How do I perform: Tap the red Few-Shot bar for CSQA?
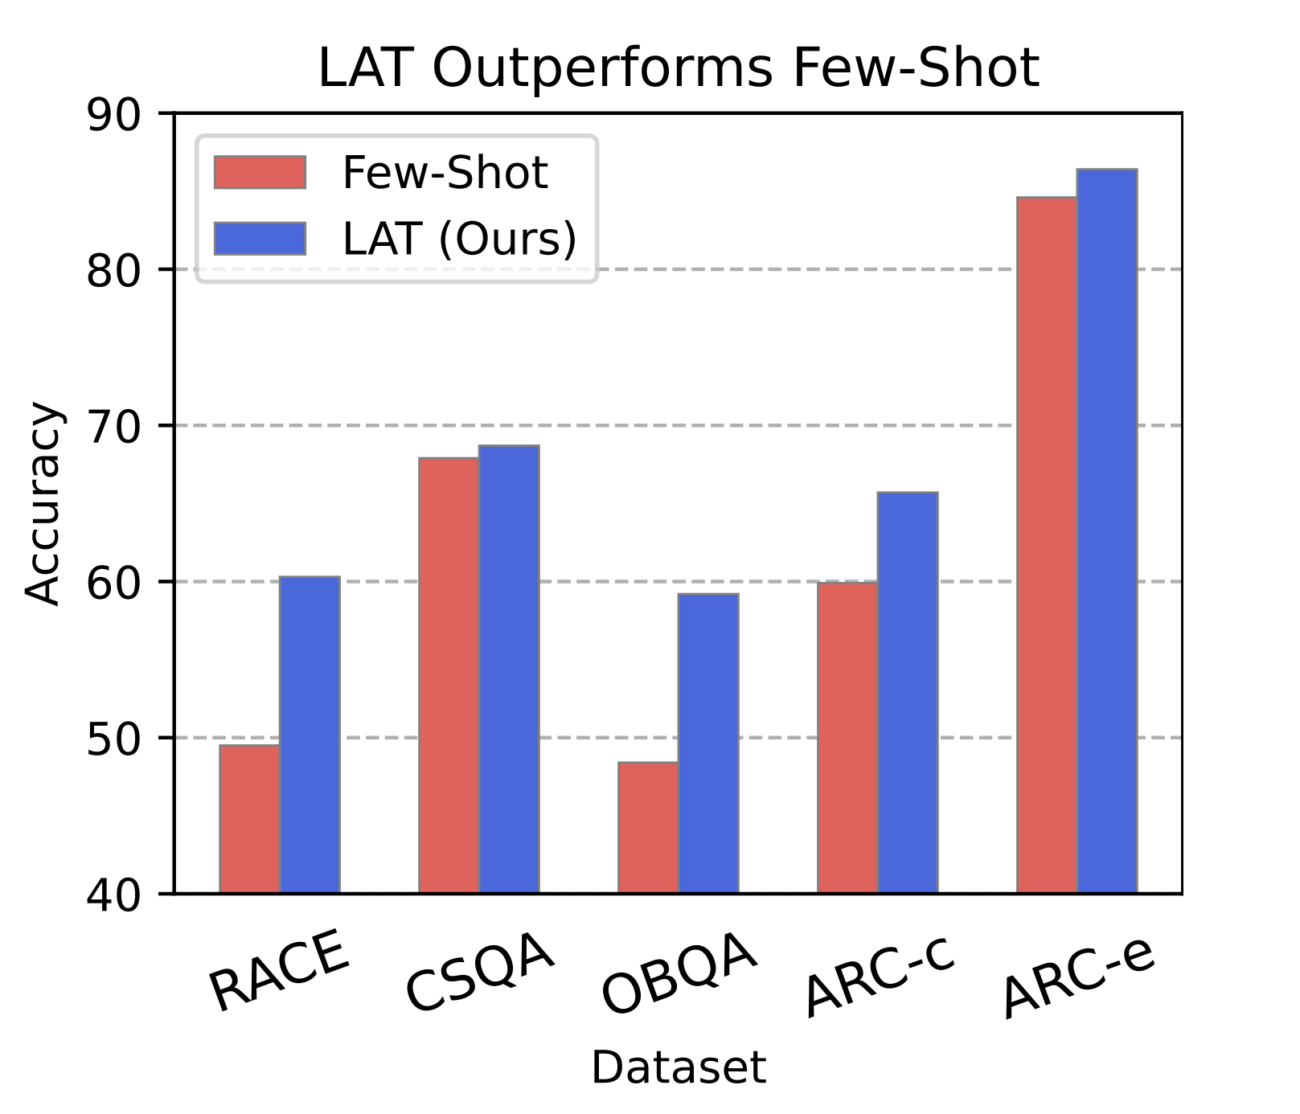(449, 675)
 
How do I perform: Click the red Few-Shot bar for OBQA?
(648, 827)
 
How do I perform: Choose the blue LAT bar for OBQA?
(708, 743)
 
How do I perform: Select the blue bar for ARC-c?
(908, 692)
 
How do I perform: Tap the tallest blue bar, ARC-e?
(1107, 530)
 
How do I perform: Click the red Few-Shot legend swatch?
(260, 172)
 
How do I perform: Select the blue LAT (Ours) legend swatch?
(260, 238)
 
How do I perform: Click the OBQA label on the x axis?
(679, 974)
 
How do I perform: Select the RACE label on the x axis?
(279, 971)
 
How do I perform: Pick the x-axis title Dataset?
(679, 1068)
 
